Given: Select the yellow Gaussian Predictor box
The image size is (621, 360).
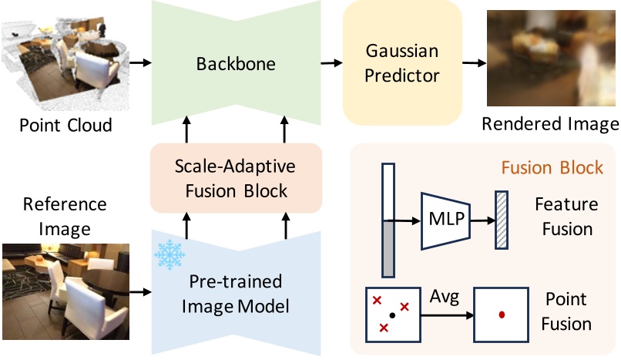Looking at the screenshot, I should [x=401, y=63].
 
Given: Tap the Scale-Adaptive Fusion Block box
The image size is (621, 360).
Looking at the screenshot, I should [x=235, y=177].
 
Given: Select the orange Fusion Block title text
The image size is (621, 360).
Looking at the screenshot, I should [x=552, y=167].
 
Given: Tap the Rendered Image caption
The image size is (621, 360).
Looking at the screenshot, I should [x=549, y=124].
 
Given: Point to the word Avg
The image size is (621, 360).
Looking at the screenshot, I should [x=445, y=297].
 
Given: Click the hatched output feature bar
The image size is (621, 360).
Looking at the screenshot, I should [x=502, y=221].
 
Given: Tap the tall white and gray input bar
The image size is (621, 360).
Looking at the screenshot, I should [x=388, y=220].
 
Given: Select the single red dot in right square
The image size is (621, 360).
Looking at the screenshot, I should [x=502, y=315].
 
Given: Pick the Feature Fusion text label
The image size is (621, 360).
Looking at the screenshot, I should [x=566, y=217].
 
